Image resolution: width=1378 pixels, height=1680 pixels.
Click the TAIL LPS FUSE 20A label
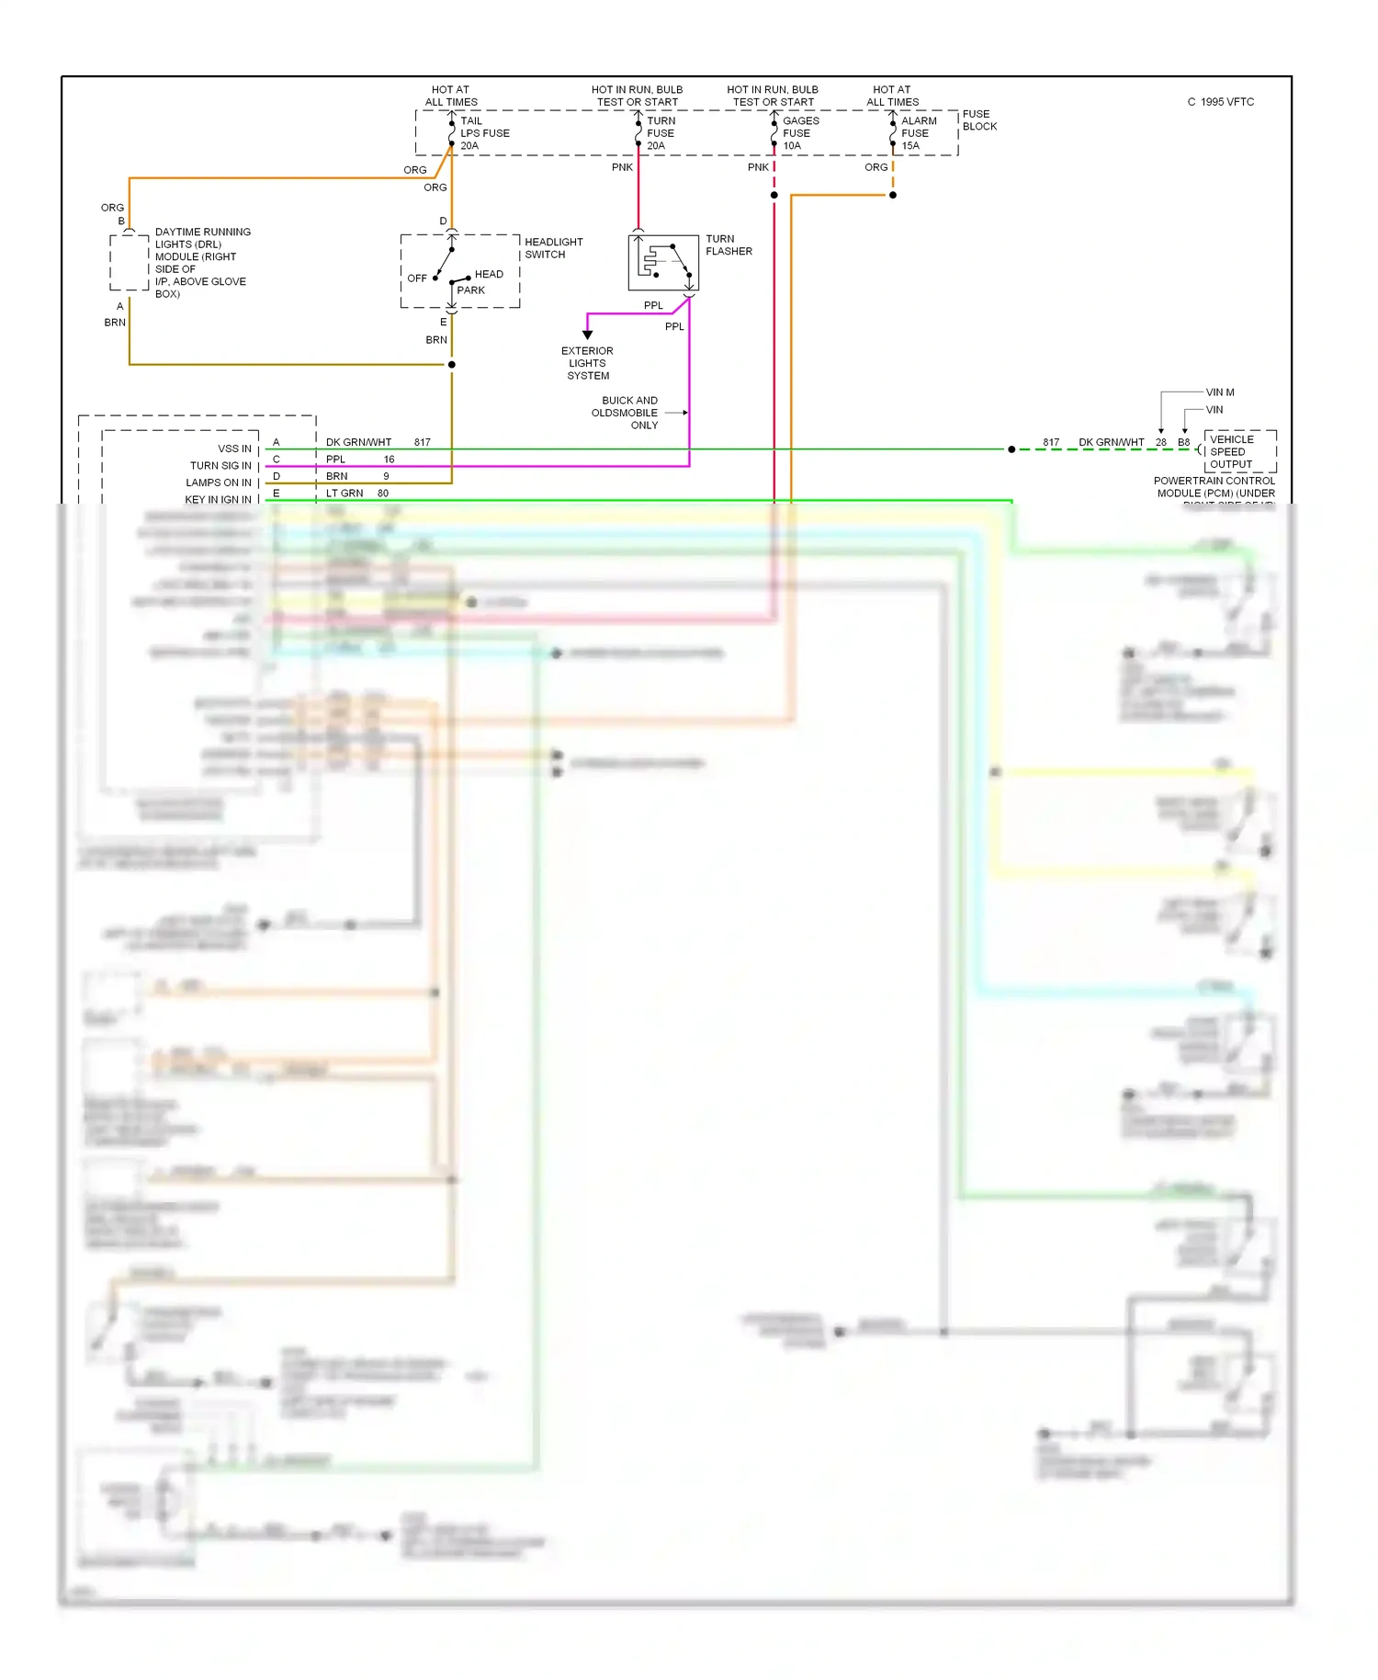click(x=483, y=133)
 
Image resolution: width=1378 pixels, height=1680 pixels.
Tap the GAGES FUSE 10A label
click(x=799, y=133)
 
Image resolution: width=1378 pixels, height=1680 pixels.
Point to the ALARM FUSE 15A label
click(x=918, y=133)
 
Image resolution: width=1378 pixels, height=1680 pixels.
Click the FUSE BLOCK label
click(x=978, y=120)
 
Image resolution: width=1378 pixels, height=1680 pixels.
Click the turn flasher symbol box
click(x=663, y=262)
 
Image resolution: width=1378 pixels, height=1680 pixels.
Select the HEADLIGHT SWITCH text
click(x=553, y=248)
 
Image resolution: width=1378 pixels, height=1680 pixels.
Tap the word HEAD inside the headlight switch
click(x=489, y=274)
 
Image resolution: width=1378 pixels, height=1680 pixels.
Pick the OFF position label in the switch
click(x=417, y=278)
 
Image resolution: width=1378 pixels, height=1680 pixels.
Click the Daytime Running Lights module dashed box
click(x=130, y=262)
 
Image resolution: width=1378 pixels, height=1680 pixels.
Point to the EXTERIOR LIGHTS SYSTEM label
click(x=588, y=363)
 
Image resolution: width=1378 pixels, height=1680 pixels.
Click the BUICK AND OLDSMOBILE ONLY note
click(x=629, y=413)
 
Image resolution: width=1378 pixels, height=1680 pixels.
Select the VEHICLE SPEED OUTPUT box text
click(x=1231, y=451)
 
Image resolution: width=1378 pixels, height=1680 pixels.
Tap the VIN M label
click(x=1220, y=392)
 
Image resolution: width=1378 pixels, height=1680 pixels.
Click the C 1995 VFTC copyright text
click(x=1220, y=102)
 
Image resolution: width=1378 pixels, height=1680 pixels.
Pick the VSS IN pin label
click(x=234, y=448)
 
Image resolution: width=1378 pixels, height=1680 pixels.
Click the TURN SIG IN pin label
click(x=220, y=466)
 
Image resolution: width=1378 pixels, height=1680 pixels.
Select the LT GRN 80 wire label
click(x=356, y=494)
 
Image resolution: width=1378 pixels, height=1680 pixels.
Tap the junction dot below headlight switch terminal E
click(x=451, y=365)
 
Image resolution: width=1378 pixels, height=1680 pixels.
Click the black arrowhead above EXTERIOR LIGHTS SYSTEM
click(x=588, y=335)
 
